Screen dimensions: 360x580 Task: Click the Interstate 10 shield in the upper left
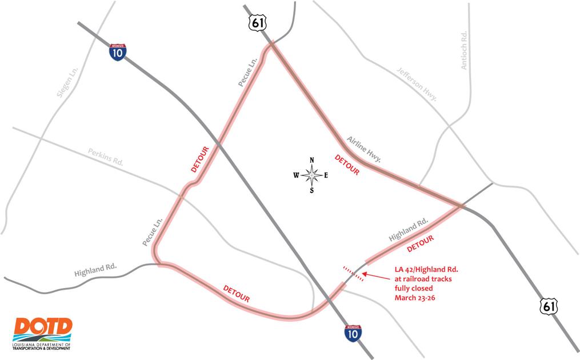[x=118, y=53]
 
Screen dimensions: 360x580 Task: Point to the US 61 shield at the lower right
[x=547, y=307]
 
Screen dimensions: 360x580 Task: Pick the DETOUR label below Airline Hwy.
[x=347, y=165]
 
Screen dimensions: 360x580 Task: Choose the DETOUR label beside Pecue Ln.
[x=199, y=159]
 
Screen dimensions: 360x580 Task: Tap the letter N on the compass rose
[x=311, y=160]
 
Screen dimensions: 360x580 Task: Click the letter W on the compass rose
[x=296, y=175]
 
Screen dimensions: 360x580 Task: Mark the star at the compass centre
[x=311, y=175]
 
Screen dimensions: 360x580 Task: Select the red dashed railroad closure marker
[x=353, y=274]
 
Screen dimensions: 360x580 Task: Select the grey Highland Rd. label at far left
[x=95, y=270]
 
